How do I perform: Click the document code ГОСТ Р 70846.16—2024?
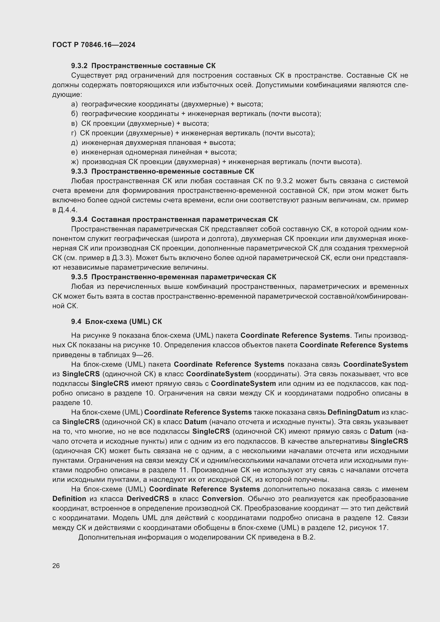point(94,45)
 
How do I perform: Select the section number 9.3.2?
point(79,66)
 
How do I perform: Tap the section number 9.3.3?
point(79,171)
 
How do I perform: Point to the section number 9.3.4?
point(79,219)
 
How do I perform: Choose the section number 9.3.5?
point(79,277)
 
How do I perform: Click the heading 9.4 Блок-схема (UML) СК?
point(117,321)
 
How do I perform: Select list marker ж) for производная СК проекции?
point(75,162)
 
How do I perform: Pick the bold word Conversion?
point(222,498)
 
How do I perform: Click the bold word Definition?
point(69,498)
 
